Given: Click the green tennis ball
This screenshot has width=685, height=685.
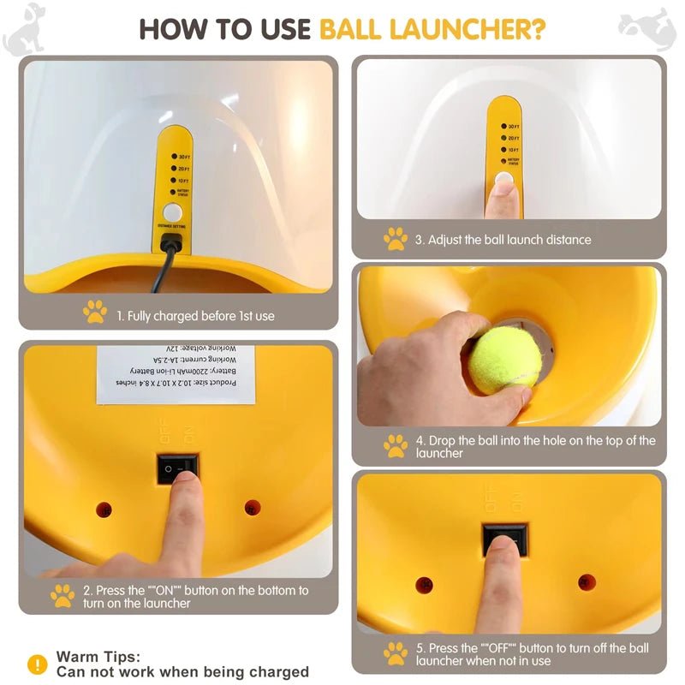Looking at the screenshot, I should tap(505, 360).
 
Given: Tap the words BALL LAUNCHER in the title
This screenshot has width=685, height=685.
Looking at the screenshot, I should tap(432, 28).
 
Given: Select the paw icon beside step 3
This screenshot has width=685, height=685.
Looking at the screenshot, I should tap(395, 239).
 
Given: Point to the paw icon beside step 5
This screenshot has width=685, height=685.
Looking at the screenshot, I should tap(395, 653).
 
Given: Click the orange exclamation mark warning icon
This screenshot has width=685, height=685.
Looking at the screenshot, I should tap(37, 664).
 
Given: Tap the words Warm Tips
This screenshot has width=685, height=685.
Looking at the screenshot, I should tap(98, 657).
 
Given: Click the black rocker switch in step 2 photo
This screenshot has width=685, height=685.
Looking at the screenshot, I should tap(177, 468).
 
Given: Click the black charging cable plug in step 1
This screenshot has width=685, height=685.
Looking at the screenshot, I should tap(170, 241).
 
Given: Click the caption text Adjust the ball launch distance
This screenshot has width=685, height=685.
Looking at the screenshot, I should tap(503, 240).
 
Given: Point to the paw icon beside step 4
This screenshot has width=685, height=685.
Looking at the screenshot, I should tap(395, 446).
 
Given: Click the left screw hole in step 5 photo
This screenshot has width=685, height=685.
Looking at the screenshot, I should tap(424, 585).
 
